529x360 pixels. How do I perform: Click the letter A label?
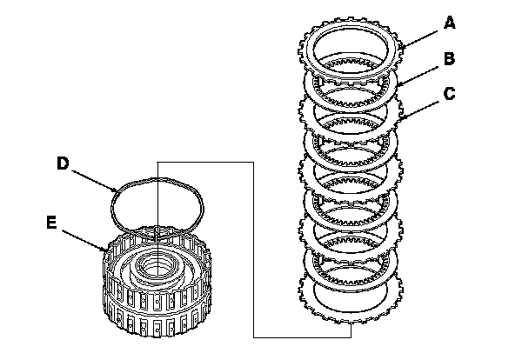449,23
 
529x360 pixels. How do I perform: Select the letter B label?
449,59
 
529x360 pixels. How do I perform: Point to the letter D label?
62,163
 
